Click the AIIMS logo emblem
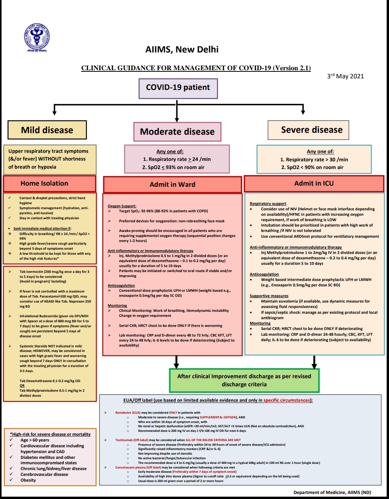pyautogui.click(x=37, y=38)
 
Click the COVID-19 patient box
pyautogui.click(x=178, y=88)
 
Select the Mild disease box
pyautogui.click(x=47, y=130)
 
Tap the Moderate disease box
pyautogui.click(x=177, y=132)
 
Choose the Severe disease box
pyautogui.click(x=312, y=130)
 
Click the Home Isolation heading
pyautogui.click(x=44, y=183)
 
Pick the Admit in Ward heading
pyautogui.click(x=172, y=184)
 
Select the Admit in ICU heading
pyautogui.click(x=314, y=183)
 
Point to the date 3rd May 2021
pyautogui.click(x=345, y=76)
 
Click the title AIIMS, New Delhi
pyautogui.click(x=182, y=49)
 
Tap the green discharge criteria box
pyautogui.click(x=244, y=380)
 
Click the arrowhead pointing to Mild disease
pyautogui.click(x=55, y=112)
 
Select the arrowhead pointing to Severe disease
pyautogui.click(x=303, y=112)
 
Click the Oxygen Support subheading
pyautogui.click(x=122, y=206)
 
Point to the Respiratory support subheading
pyautogui.click(x=268, y=203)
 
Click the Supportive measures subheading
pyautogui.click(x=269, y=296)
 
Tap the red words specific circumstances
pyautogui.click(x=287, y=400)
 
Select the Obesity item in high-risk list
pyautogui.click(x=28, y=480)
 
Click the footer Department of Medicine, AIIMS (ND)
pyautogui.click(x=332, y=492)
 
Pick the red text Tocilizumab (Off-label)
pyautogui.click(x=131, y=440)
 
